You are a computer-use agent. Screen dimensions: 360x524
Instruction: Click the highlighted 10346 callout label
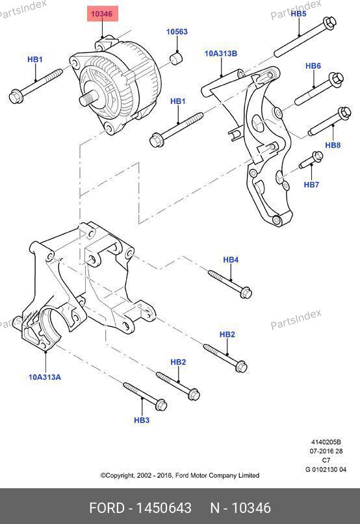tap(103, 14)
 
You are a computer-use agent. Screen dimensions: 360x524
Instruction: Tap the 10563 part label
tap(177, 32)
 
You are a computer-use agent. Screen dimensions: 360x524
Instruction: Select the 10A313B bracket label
tap(221, 53)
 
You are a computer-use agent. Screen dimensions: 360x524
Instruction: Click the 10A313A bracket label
tap(45, 377)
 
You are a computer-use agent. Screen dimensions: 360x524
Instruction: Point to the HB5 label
tap(298, 14)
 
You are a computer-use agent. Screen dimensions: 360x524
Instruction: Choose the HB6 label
tap(313, 66)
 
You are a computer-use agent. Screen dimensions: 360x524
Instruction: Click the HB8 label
tap(333, 145)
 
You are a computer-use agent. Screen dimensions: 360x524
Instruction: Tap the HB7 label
tap(311, 184)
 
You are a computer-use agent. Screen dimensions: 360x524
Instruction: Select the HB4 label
tap(231, 259)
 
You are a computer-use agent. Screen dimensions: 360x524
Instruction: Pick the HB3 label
tap(142, 420)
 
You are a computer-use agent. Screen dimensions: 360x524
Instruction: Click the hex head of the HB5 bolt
tap(329, 22)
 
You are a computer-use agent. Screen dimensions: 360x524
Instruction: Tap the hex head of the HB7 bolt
tap(317, 156)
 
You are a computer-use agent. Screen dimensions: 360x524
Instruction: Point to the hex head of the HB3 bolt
tap(161, 404)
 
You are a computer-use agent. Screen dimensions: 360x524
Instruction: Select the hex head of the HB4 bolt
tap(246, 293)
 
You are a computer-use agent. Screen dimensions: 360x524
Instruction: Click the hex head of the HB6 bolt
tap(337, 79)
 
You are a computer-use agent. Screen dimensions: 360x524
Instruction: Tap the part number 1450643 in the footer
tap(164, 508)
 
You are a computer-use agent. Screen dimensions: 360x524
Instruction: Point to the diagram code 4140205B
tap(326, 442)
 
